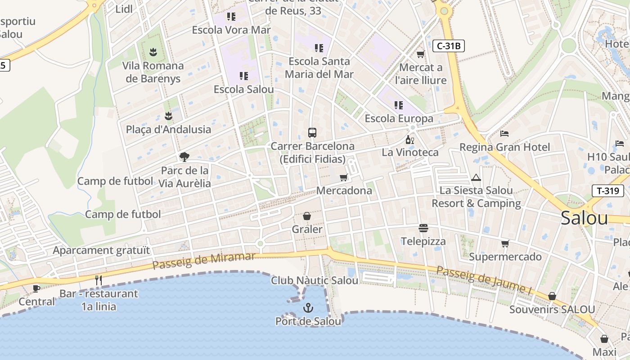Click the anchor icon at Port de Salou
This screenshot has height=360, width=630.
pos(308,308)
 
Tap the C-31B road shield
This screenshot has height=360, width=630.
pos(449,45)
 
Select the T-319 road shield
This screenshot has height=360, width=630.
pos(607,190)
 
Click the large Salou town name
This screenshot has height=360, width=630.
pos(584,218)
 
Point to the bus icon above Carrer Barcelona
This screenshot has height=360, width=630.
pos(312,132)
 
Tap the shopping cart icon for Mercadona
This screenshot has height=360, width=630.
pos(344,177)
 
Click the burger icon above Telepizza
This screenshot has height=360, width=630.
pos(423,228)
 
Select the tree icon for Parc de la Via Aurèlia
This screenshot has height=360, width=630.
pos(184,157)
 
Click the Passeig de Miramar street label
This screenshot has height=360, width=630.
pos(204,261)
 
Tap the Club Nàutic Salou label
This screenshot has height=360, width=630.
pos(315,280)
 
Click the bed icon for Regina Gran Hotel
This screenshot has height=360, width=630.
pos(504,134)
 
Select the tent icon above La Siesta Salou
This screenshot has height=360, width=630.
pos(476,177)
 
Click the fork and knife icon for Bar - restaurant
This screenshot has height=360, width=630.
pos(99,280)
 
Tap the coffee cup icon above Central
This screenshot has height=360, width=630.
pos(36,288)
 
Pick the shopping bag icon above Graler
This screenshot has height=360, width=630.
pos(307,216)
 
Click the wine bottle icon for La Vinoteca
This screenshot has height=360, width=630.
pos(409,139)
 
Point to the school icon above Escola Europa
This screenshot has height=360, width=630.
pos(399,105)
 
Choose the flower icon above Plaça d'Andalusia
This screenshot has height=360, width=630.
pos(168,116)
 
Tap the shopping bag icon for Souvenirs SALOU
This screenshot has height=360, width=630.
pos(552,296)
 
